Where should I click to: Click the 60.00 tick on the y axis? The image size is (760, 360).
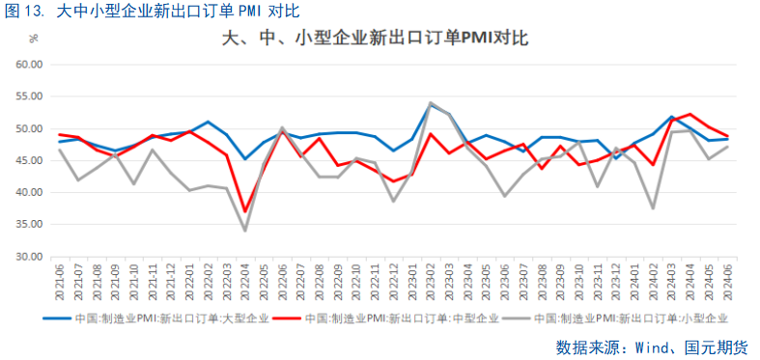(31, 65)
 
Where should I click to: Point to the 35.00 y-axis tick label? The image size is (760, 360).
(31, 225)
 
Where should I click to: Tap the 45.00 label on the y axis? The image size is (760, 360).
(31, 161)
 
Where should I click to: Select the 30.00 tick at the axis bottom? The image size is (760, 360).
(31, 257)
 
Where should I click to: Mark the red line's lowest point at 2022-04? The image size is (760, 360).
(245, 210)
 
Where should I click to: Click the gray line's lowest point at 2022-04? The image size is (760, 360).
(245, 231)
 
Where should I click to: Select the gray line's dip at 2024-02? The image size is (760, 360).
(653, 208)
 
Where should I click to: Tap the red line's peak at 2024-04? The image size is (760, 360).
(690, 114)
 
